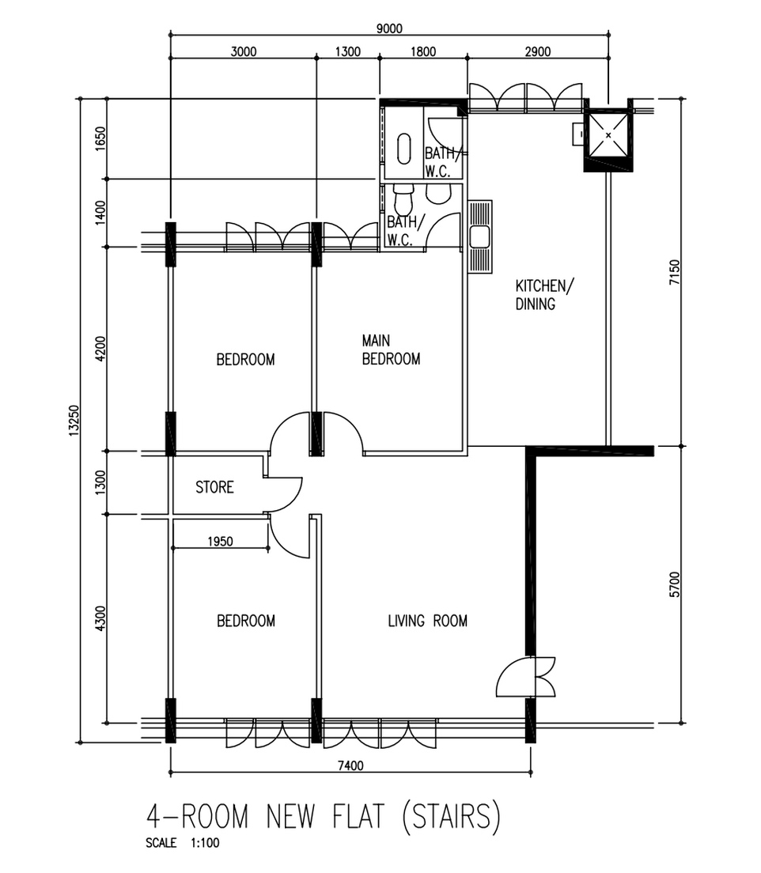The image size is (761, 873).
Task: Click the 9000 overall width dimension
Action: (389, 28)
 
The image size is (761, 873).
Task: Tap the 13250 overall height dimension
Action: (74, 421)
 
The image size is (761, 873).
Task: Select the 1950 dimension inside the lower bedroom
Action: (220, 541)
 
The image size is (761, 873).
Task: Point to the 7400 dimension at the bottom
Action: (350, 765)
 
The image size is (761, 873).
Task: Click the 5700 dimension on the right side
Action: (675, 584)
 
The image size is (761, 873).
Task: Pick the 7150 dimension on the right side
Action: (675, 272)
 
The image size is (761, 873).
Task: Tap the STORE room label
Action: (214, 487)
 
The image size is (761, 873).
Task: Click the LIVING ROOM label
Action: (427, 621)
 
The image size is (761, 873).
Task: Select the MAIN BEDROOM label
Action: (391, 350)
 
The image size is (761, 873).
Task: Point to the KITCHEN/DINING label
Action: (544, 294)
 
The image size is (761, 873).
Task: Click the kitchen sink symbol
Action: (479, 236)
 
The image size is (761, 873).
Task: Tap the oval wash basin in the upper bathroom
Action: (404, 149)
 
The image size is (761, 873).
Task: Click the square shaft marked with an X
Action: (608, 135)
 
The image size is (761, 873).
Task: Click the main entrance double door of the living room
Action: (526, 676)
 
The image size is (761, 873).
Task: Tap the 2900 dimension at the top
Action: (538, 51)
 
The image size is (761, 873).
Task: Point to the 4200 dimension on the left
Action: (100, 349)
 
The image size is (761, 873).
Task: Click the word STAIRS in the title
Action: (451, 817)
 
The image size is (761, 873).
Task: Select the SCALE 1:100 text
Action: (182, 843)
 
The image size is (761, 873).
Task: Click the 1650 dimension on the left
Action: (100, 138)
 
